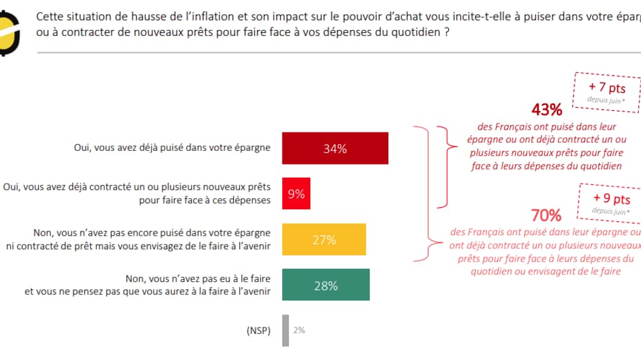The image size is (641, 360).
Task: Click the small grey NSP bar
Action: (285, 330)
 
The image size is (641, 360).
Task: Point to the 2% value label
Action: (299, 330)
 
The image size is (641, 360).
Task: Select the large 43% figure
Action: (547, 110)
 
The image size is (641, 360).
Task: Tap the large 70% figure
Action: (546, 215)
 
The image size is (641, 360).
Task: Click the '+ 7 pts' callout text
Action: (606, 87)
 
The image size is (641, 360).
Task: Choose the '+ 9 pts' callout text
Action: (612, 199)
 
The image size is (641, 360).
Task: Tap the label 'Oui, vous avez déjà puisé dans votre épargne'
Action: (172, 148)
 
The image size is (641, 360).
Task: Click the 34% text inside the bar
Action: (335, 149)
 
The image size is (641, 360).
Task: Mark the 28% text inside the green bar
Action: (326, 286)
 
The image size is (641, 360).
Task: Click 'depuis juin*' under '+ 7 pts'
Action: (606, 100)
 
